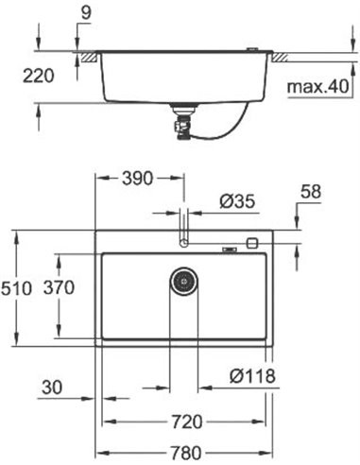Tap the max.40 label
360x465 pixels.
pyautogui.click(x=317, y=88)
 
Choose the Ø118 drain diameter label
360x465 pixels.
pyautogui.click(x=252, y=376)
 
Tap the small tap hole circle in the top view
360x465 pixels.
pyautogui.click(x=184, y=243)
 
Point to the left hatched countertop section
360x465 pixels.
pyautogui.click(x=89, y=59)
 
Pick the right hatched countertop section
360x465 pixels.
pyautogui.click(x=282, y=59)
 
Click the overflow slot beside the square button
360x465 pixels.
pyautogui.click(x=229, y=250)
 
